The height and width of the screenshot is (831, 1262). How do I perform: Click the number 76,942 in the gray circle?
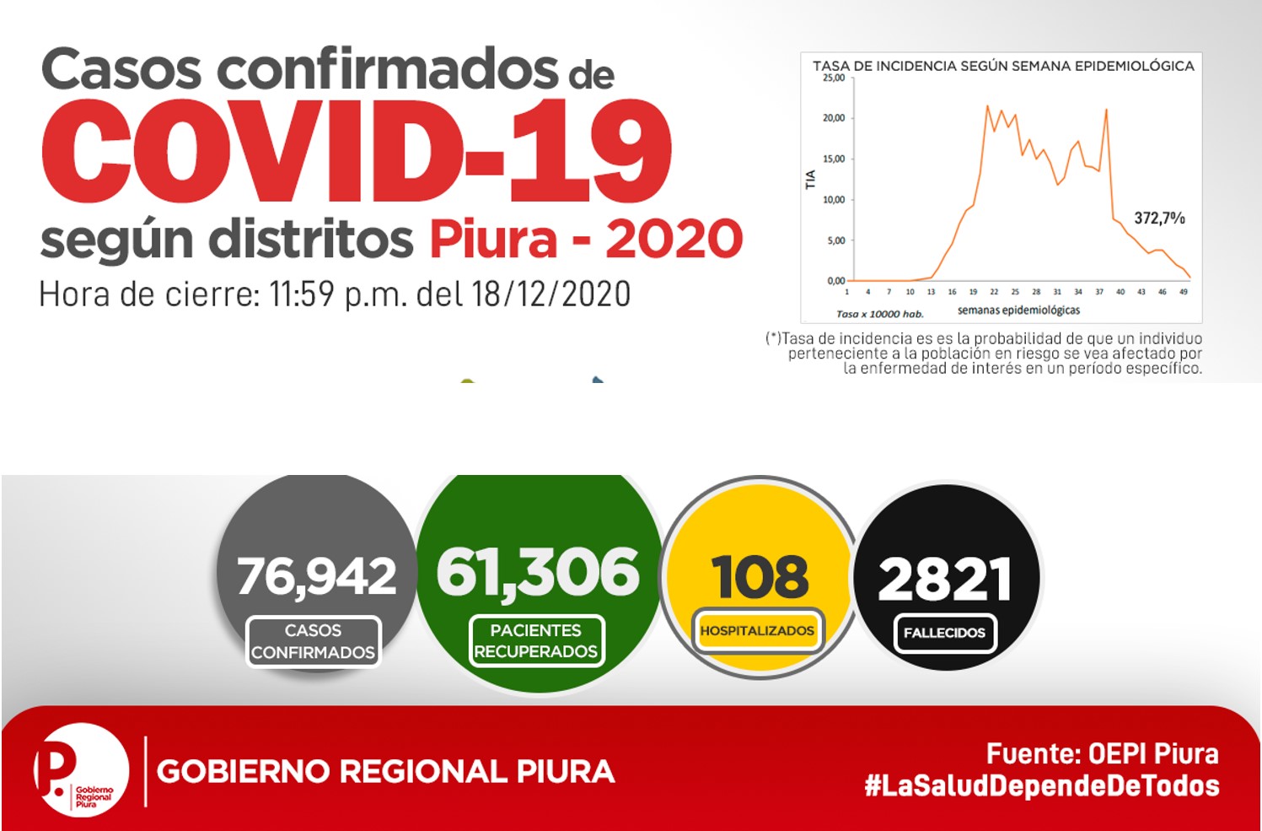[x=317, y=576]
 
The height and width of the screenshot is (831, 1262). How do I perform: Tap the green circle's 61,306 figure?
[x=538, y=573]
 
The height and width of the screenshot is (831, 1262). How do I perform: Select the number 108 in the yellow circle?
[x=760, y=577]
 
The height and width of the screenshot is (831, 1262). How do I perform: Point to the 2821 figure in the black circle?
[x=945, y=579]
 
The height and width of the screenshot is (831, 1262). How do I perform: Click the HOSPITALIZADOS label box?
[x=757, y=631]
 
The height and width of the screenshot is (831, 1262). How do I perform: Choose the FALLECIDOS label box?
[x=945, y=633]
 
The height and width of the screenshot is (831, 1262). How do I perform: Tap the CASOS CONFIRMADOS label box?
[x=314, y=641]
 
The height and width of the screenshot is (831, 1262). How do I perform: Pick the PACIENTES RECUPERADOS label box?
[x=536, y=640]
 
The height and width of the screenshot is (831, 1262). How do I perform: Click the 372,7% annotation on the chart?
[x=1159, y=219]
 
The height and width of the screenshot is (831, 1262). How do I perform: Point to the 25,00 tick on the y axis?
[x=834, y=78]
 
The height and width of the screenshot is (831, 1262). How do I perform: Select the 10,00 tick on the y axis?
[x=834, y=200]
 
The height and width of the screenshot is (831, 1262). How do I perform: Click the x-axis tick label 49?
[x=1184, y=292]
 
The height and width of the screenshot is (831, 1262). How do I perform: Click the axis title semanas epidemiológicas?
[x=1018, y=310]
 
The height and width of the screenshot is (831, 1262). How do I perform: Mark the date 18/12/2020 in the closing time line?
[x=551, y=294]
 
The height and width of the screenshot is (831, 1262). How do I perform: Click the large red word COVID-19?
[x=356, y=150]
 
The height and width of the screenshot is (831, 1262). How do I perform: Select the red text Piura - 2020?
[x=586, y=239]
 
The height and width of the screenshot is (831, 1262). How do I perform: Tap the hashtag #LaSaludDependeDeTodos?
[x=1042, y=786]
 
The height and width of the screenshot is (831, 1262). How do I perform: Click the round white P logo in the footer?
[x=81, y=770]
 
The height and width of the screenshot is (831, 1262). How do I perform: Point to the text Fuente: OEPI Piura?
[x=1103, y=753]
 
